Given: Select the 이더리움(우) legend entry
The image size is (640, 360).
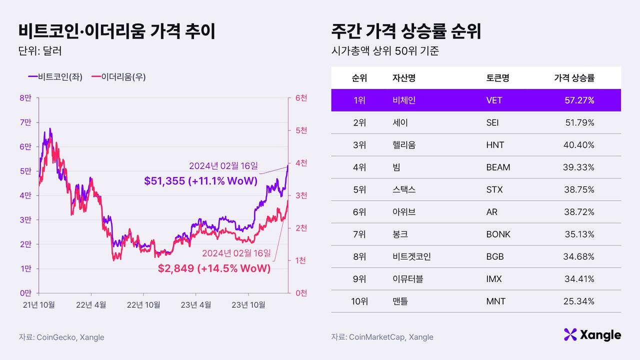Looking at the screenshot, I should [x=123, y=77].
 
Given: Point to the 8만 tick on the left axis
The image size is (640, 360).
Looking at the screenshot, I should [x=25, y=98].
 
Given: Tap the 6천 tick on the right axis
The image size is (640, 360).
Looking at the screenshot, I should [x=301, y=98].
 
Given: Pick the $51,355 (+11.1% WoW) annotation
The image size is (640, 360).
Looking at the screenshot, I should [x=200, y=181].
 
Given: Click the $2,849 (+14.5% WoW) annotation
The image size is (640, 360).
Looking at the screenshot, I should [x=214, y=268].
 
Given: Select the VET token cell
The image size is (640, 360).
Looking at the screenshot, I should [x=494, y=100].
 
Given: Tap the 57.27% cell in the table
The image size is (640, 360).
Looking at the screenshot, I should [x=579, y=100].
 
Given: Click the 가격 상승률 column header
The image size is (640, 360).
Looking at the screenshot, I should [x=574, y=78].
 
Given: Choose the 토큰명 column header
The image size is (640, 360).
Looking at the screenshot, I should [x=497, y=78].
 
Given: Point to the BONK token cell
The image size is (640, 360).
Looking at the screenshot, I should [x=498, y=234].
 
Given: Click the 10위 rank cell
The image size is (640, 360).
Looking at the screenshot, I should [x=359, y=301].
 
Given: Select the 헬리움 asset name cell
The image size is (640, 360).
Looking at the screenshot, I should [x=404, y=145].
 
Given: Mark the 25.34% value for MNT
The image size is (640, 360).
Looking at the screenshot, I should [x=579, y=301].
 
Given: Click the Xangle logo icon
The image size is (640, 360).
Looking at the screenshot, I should [x=570, y=334].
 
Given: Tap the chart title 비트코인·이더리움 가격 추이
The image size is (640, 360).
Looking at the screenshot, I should [x=117, y=31].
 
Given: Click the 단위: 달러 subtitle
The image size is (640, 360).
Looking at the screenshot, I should [x=39, y=51].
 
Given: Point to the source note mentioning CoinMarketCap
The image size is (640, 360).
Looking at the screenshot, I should [x=382, y=337].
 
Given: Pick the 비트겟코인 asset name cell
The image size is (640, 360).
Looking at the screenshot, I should [x=411, y=257].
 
